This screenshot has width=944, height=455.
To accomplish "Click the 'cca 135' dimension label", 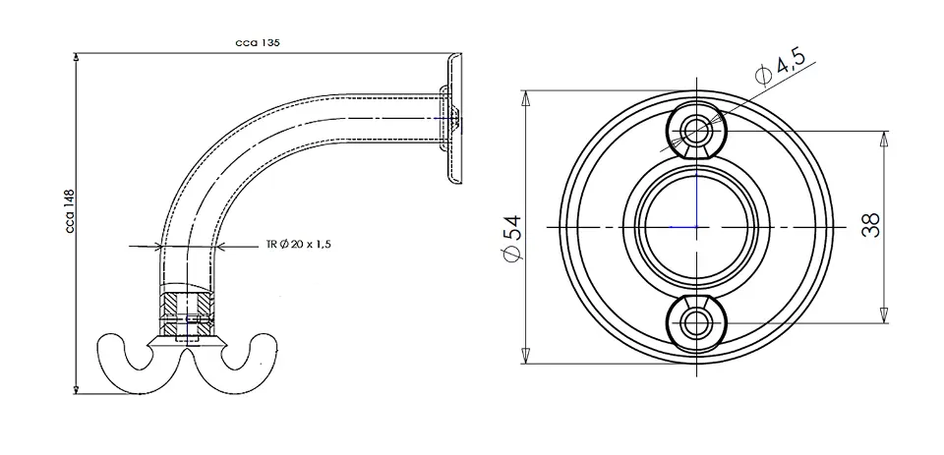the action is coord(257,42).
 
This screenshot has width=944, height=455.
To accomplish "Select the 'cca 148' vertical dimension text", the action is coord(70,211).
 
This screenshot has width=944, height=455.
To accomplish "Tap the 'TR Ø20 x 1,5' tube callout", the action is coord(299,245).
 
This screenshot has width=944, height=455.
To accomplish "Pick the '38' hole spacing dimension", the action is coord(871,225).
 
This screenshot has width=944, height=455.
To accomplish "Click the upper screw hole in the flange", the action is coord(696,130).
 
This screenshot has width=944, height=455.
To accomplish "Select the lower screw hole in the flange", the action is coord(696,323).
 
